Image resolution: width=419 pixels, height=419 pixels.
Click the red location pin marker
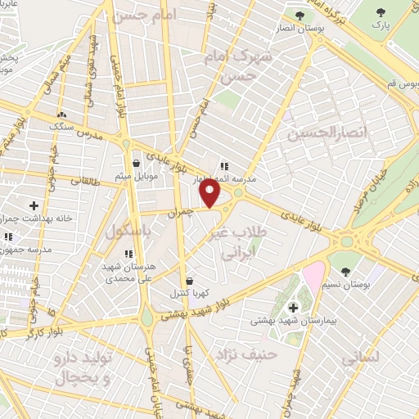pos(211,193)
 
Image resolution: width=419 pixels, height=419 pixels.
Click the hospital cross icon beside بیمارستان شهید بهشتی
pos(294,308)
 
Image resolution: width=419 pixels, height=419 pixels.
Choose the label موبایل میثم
pos(135,176)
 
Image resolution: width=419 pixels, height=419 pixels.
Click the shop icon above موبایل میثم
pos(135,164)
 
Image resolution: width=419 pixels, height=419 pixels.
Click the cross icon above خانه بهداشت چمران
pos(33,205)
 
